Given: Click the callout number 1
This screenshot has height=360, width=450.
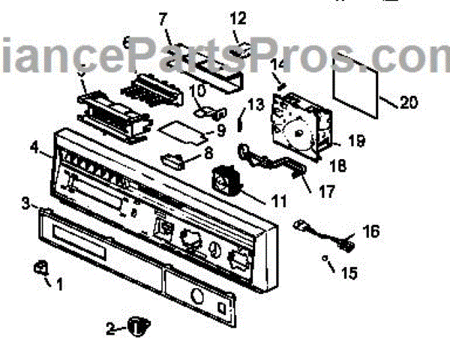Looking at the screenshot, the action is [x=61, y=284].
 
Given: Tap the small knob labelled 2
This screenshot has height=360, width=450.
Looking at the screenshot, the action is [x=136, y=325].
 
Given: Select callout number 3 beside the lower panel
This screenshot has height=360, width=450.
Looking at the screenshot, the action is [x=25, y=202].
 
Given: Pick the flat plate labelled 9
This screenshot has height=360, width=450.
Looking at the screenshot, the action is [x=180, y=133].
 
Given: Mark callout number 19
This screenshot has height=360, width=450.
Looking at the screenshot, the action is [x=356, y=139].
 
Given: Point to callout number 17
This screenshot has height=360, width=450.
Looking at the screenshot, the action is [x=326, y=192].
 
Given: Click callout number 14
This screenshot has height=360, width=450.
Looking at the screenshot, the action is [x=279, y=64].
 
